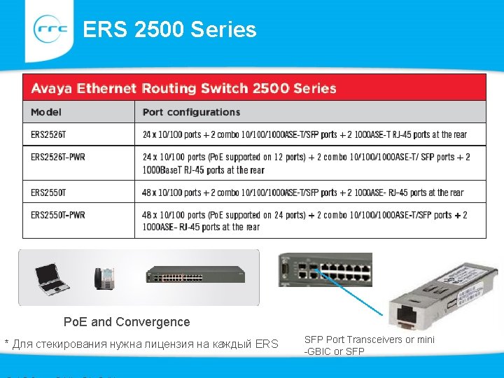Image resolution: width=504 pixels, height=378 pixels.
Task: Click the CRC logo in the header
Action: pos(51,29)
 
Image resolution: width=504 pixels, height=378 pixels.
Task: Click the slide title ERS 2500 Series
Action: pos(169,29)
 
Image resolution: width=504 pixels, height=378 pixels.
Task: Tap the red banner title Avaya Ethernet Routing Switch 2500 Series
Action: pos(183,88)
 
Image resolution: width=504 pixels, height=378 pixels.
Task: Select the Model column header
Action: pos(46,112)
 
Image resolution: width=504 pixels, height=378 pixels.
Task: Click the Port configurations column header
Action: pos(191,112)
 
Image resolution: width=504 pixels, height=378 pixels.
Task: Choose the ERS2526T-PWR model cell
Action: pos(58,157)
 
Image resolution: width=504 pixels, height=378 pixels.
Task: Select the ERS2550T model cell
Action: pos(45,192)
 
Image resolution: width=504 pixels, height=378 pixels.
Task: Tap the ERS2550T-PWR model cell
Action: pos(58,215)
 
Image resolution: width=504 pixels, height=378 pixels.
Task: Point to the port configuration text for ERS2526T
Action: pos(304,134)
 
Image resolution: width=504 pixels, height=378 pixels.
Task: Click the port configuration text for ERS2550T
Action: pos(302,192)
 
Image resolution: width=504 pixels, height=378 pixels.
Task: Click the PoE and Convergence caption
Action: pos(127,322)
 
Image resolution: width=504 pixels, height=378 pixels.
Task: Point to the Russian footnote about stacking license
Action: pos(141,344)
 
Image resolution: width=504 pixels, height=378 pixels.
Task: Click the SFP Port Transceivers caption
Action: pos(369,345)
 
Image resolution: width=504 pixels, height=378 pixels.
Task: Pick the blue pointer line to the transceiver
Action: pos(350,290)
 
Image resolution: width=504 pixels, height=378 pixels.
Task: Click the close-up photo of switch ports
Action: pos(325,269)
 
